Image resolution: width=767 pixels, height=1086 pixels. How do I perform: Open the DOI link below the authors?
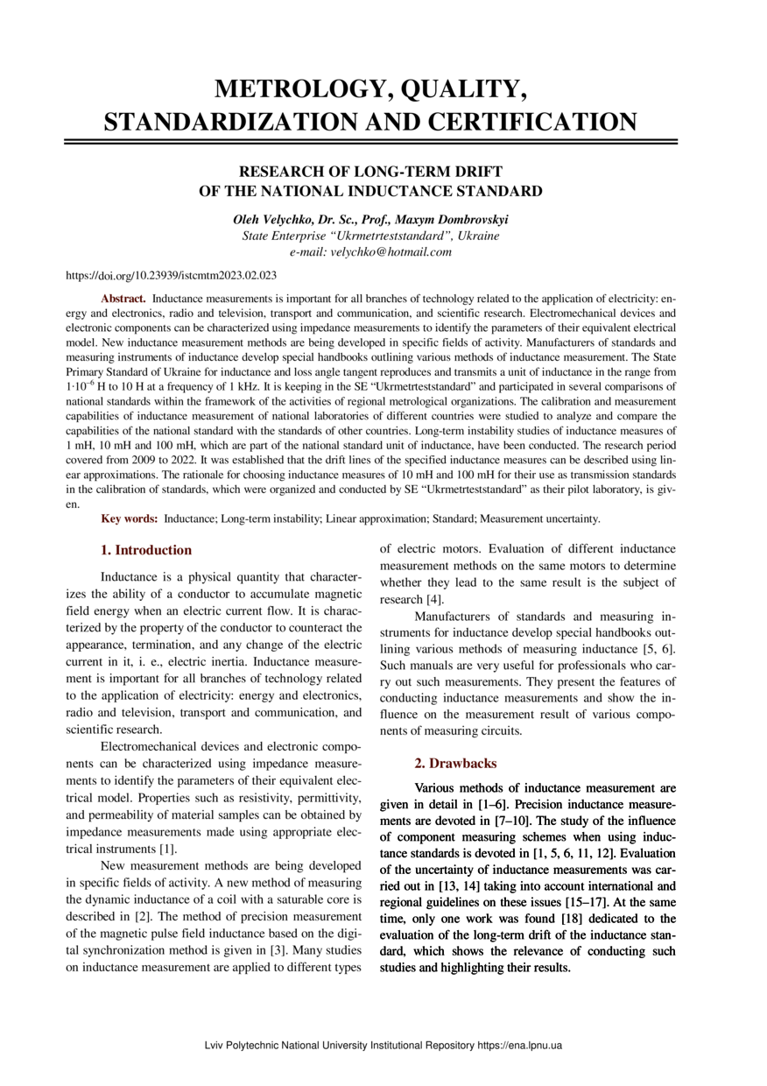coord(172,276)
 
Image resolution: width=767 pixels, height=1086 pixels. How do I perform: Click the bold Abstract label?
coord(123,299)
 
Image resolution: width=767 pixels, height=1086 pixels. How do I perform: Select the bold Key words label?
coord(130,519)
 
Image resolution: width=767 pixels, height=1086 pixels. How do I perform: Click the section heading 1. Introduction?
coord(146,550)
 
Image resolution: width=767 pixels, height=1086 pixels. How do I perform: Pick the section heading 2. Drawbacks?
coord(455,764)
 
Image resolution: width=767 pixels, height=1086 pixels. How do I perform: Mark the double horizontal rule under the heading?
coord(371,140)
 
